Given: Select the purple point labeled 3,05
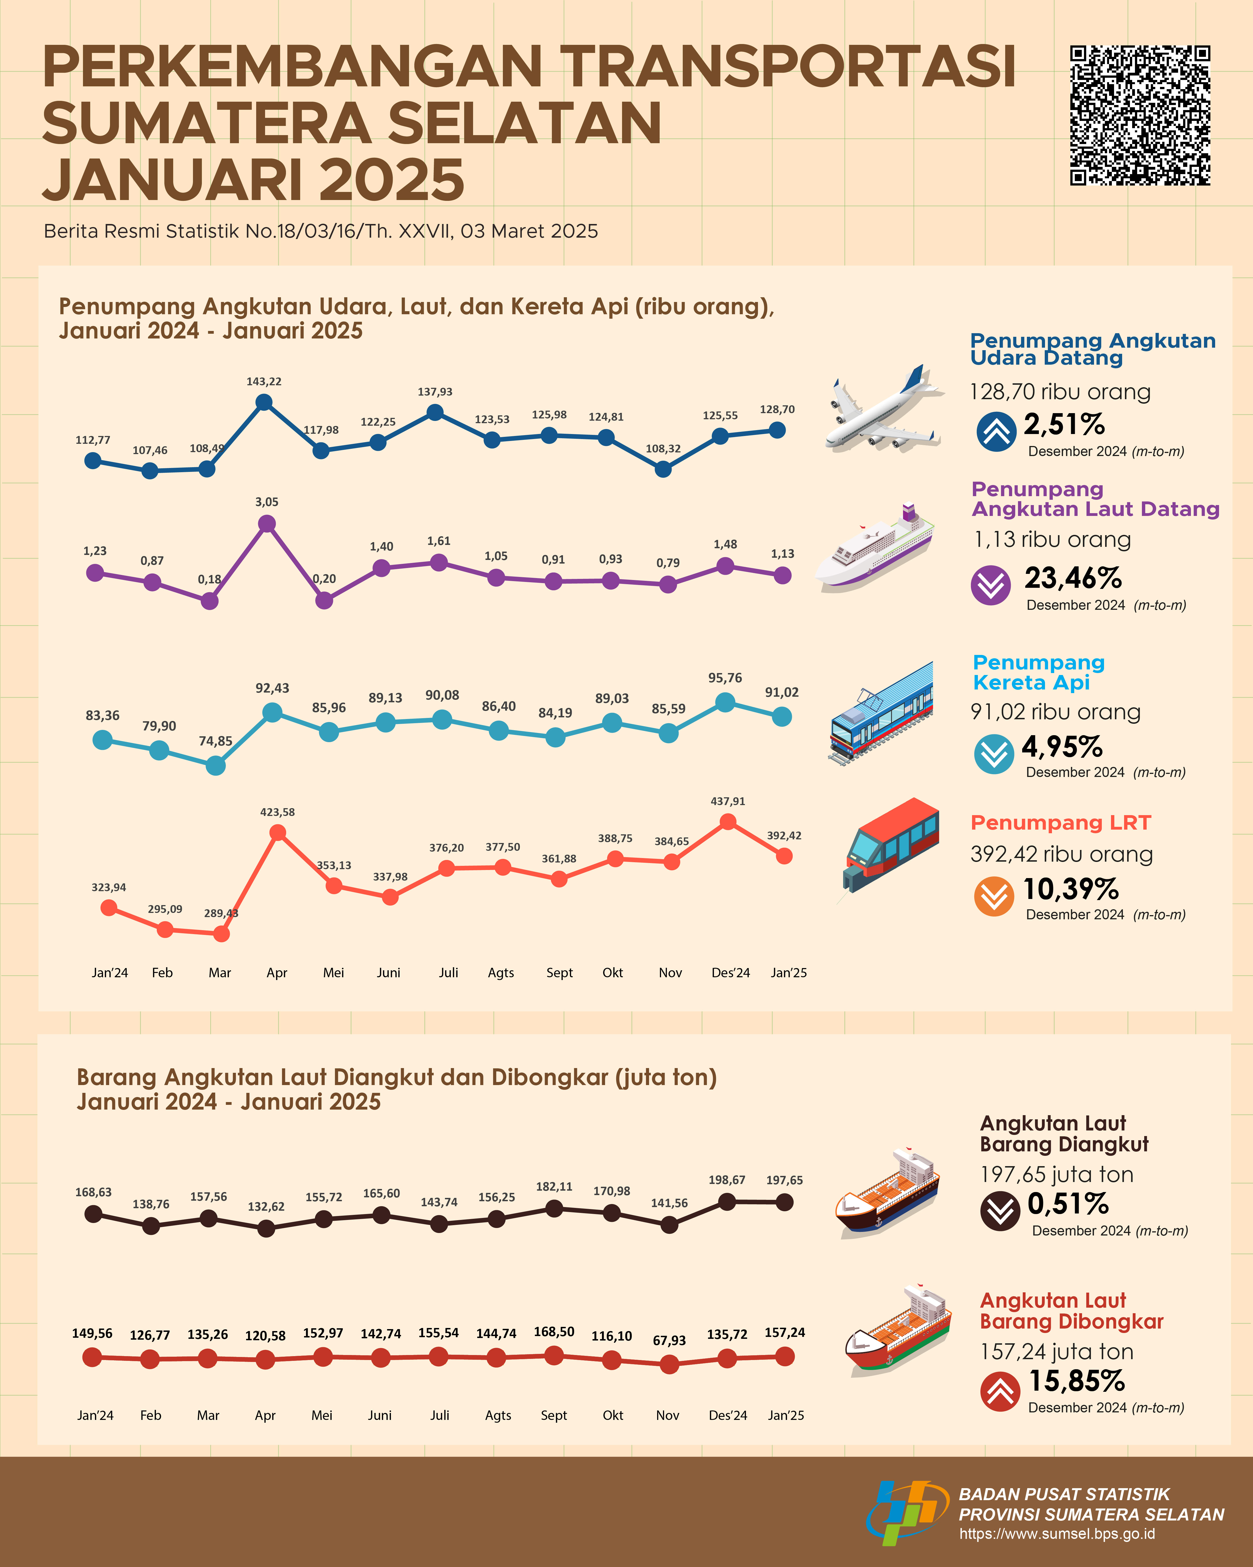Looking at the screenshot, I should pyautogui.click(x=266, y=523).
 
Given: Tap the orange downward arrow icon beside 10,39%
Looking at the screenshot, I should pyautogui.click(x=993, y=897).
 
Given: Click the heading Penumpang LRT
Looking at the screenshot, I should pyautogui.click(x=1061, y=823).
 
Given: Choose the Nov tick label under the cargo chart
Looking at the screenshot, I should pyautogui.click(x=667, y=1415).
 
